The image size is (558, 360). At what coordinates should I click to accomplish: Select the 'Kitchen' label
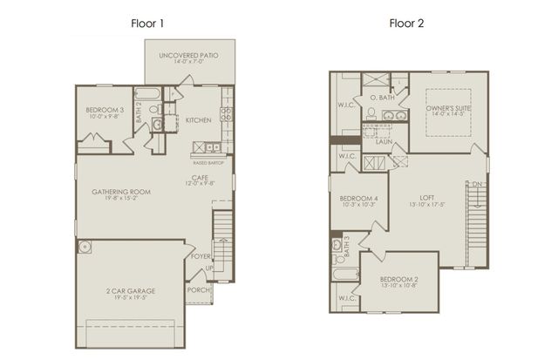click(x=198, y=119)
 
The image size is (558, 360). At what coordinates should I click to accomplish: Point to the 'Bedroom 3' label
click(x=105, y=110)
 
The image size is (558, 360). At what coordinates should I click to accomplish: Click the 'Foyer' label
click(x=201, y=256)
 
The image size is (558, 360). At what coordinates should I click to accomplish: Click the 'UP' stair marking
click(x=209, y=268)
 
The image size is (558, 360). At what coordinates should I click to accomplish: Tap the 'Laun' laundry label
click(x=384, y=140)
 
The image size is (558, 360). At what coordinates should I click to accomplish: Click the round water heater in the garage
click(x=85, y=248)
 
